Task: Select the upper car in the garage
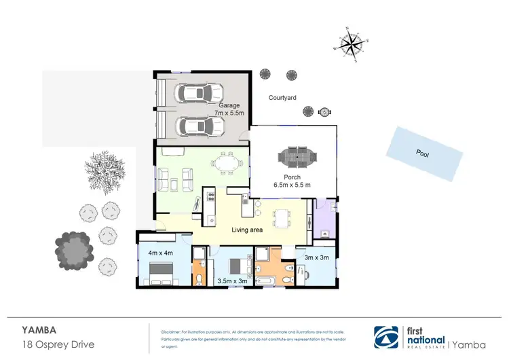200,92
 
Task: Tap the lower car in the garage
200,126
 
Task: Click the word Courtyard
282,98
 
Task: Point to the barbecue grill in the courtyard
324,111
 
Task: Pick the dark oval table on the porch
297,157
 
